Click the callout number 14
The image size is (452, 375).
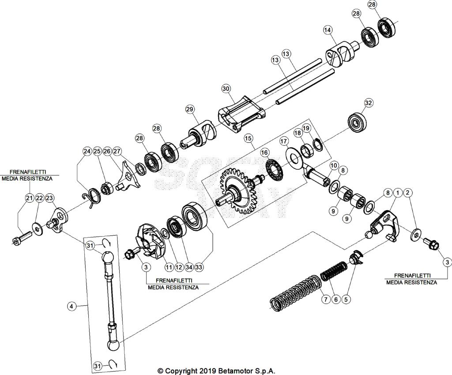[x=327, y=30]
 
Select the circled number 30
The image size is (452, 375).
[x=226, y=89]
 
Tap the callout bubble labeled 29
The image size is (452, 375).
[x=190, y=109]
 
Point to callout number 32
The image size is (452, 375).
[x=369, y=103]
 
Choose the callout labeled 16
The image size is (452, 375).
[x=264, y=152]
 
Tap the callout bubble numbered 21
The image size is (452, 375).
[x=29, y=198]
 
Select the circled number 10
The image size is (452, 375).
[x=334, y=165]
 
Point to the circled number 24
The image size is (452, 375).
[x=87, y=151]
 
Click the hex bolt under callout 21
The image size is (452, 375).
[x=20, y=241]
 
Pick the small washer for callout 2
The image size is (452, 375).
[x=416, y=235]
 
